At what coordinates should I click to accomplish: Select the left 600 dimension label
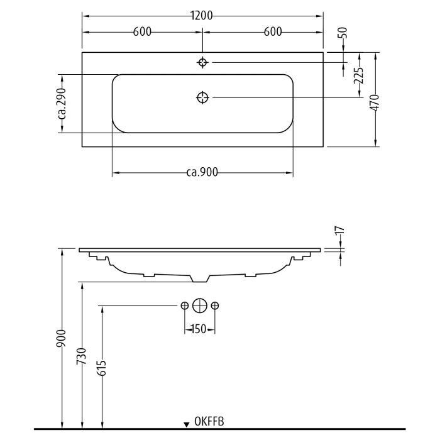click(142, 33)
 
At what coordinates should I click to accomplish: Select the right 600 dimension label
click(272, 33)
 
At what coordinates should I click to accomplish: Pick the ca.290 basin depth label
click(62, 104)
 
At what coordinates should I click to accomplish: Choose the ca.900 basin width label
click(202, 173)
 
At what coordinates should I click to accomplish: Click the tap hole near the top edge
click(202, 62)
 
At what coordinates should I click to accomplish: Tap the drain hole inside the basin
click(202, 97)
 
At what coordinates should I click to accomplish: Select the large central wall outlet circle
click(199, 305)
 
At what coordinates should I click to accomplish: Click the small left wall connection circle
click(184, 305)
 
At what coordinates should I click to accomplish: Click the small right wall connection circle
click(215, 305)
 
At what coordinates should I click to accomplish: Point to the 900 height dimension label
click(62, 340)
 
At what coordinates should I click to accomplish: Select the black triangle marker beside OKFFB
click(187, 425)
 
